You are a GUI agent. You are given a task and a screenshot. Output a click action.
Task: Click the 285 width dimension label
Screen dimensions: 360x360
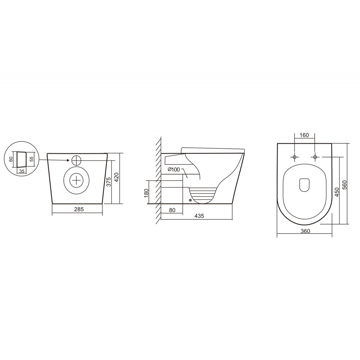[79, 209]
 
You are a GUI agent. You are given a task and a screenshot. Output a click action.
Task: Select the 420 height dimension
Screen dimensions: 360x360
[116, 177]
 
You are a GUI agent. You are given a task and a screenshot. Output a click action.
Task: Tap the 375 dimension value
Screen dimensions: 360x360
[109, 181]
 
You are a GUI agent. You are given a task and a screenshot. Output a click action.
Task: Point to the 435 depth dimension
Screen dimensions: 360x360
[199, 216]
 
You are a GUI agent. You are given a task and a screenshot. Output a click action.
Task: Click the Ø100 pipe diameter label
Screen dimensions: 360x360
[174, 170]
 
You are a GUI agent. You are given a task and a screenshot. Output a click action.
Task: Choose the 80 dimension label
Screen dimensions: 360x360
[172, 210]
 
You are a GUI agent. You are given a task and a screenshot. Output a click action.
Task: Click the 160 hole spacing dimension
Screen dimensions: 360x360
[304, 135]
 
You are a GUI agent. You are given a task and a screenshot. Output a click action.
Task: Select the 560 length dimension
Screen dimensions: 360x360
[345, 185]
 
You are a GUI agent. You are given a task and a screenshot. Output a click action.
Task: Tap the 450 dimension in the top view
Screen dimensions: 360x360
[337, 192]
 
